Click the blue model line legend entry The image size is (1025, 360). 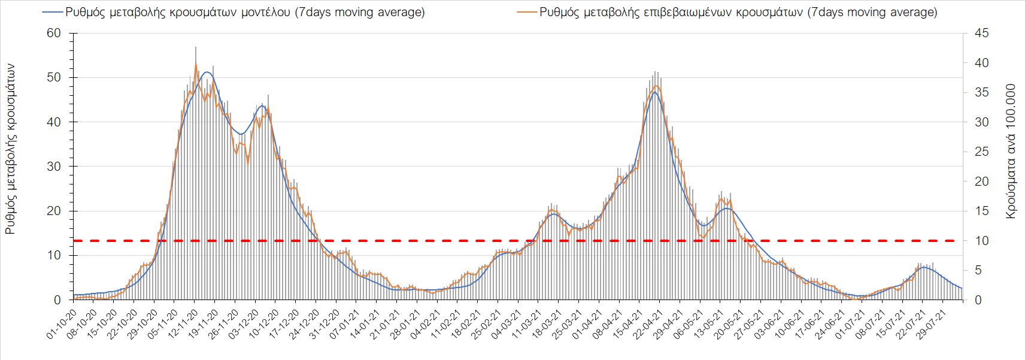tap(233, 12)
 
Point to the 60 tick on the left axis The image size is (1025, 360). tap(54, 34)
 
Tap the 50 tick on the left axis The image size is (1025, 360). tap(54, 78)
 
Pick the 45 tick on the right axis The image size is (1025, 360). tap(982, 34)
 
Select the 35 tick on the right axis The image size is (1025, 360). tap(982, 93)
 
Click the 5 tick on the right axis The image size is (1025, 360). tap(979, 271)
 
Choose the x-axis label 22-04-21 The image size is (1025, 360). tap(649, 324)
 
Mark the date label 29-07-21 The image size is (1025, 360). tap(932, 324)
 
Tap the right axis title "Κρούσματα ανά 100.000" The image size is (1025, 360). tap(1011, 151)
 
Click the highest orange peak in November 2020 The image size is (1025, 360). tap(196, 63)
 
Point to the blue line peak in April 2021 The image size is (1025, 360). tap(655, 92)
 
